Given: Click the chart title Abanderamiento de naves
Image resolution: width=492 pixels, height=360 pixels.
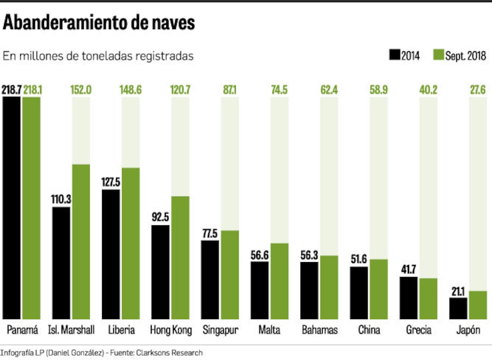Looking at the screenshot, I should pyautogui.click(x=99, y=23).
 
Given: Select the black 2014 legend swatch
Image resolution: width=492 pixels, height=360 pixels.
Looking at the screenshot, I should pyautogui.click(x=395, y=55).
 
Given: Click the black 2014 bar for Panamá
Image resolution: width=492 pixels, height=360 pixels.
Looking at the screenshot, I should pyautogui.click(x=12, y=207).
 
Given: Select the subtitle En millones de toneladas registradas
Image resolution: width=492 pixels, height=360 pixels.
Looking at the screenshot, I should pyautogui.click(x=98, y=56).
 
